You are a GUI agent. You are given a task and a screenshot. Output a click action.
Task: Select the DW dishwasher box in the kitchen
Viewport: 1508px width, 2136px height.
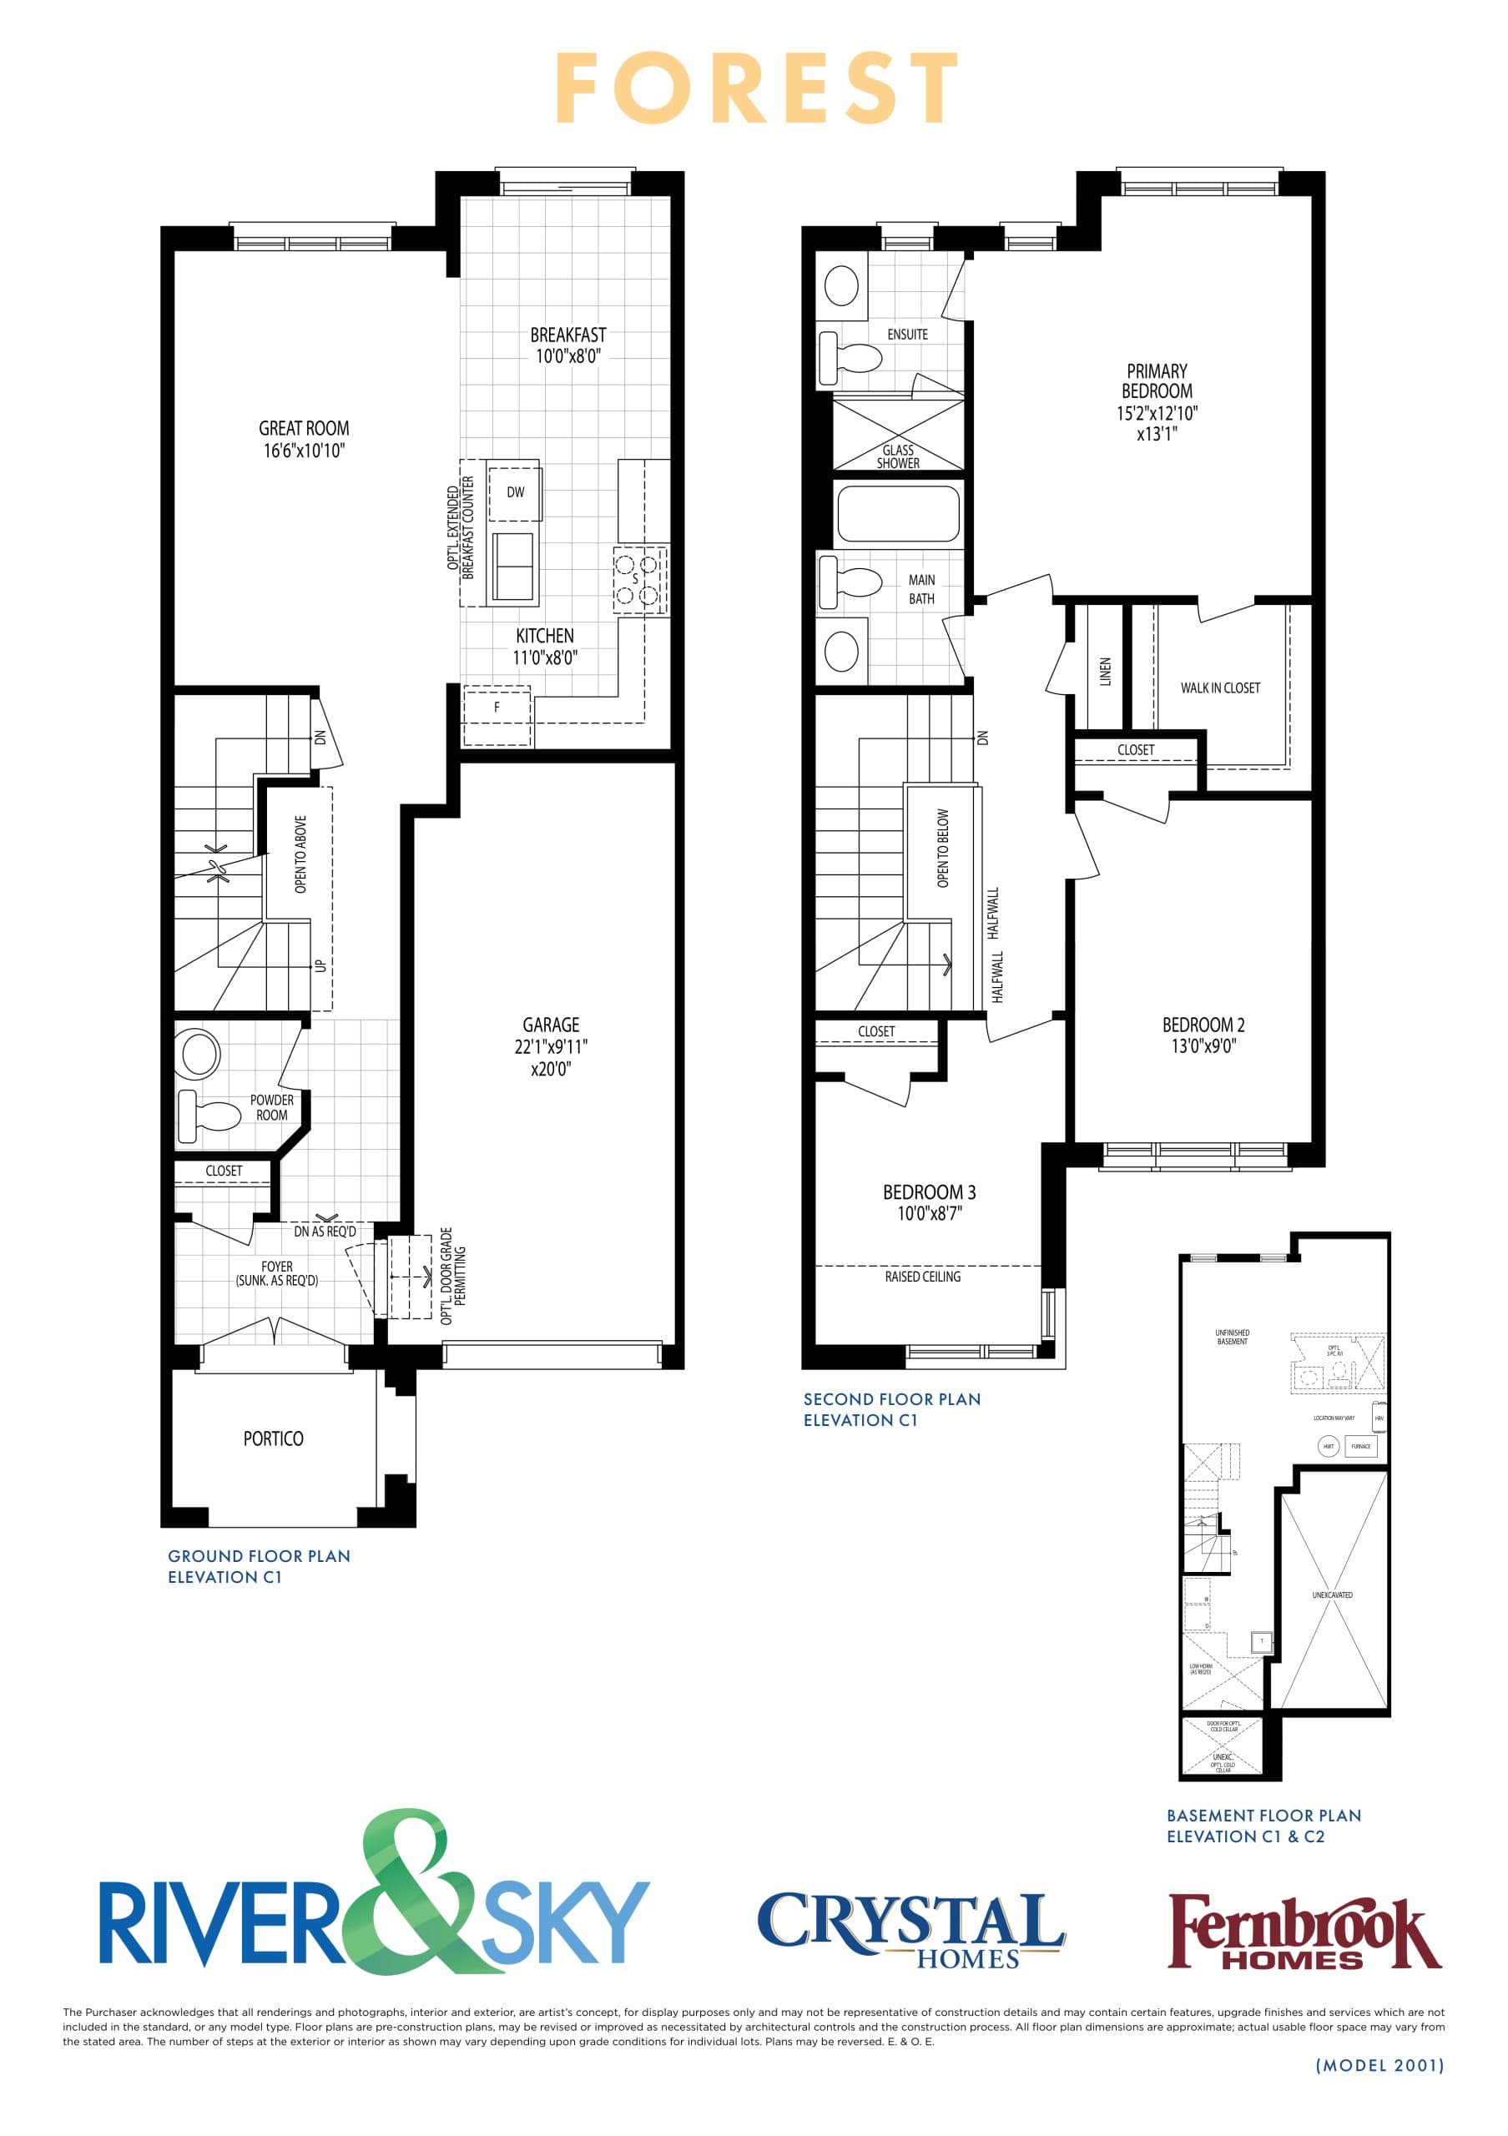click(514, 492)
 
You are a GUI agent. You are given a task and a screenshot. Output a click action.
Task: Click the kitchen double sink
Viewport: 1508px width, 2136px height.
click(513, 566)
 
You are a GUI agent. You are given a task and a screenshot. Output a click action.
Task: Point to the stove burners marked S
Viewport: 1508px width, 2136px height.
click(639, 579)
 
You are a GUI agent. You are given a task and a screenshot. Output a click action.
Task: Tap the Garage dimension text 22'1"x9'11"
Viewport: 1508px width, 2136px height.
click(551, 1046)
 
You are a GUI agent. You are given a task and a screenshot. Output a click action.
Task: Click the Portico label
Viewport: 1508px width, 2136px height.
click(273, 1439)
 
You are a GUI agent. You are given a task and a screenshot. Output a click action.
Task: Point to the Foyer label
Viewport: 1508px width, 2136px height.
click(277, 1267)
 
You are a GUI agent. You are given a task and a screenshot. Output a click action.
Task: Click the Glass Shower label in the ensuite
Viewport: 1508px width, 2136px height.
click(898, 456)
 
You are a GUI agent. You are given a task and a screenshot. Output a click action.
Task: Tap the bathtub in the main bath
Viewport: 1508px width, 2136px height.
click(898, 512)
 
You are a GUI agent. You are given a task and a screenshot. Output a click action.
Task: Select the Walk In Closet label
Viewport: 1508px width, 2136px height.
click(1219, 688)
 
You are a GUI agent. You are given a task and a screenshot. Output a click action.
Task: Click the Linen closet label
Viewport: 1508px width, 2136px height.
click(1105, 672)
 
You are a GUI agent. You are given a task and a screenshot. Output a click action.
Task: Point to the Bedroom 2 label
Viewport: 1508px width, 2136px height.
click(1203, 1025)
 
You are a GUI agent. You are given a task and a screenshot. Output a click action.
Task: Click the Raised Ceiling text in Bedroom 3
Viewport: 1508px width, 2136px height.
click(923, 1277)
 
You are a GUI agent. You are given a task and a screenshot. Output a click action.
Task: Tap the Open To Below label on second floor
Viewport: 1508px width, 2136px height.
click(943, 848)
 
